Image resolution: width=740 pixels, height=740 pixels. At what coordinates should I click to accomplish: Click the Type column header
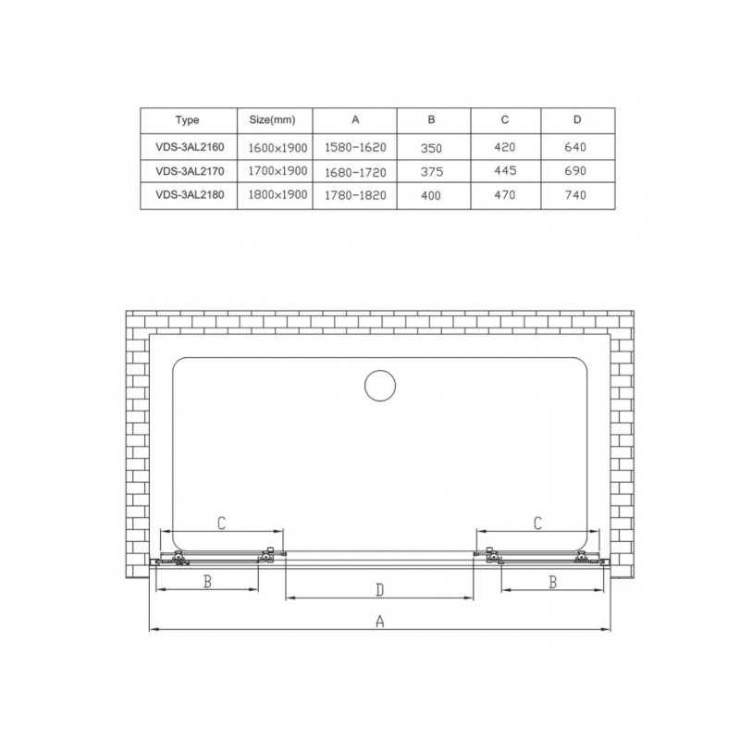[186, 120]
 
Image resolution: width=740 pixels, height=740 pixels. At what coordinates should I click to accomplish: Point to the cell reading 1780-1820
[355, 196]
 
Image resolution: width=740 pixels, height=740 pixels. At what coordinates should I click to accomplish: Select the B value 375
[433, 171]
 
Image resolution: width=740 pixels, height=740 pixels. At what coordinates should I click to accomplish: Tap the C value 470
[504, 195]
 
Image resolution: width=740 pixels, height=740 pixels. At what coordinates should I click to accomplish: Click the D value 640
[575, 146]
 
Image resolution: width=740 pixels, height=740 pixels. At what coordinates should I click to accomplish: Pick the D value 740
[575, 195]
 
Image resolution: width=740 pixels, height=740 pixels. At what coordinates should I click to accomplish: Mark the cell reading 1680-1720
[355, 172]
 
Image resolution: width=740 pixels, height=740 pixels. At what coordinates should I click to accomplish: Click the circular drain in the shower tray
[378, 386]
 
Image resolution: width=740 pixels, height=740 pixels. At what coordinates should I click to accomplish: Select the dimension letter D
[379, 590]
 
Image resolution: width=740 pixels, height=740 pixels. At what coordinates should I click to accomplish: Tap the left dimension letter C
[222, 523]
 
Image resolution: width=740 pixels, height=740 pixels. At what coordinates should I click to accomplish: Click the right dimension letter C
[538, 523]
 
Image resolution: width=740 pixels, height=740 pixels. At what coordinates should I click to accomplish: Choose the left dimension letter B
[208, 582]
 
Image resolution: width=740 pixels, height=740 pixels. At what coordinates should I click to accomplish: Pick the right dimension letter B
[552, 582]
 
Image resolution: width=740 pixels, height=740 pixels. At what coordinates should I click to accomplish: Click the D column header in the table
[575, 120]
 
